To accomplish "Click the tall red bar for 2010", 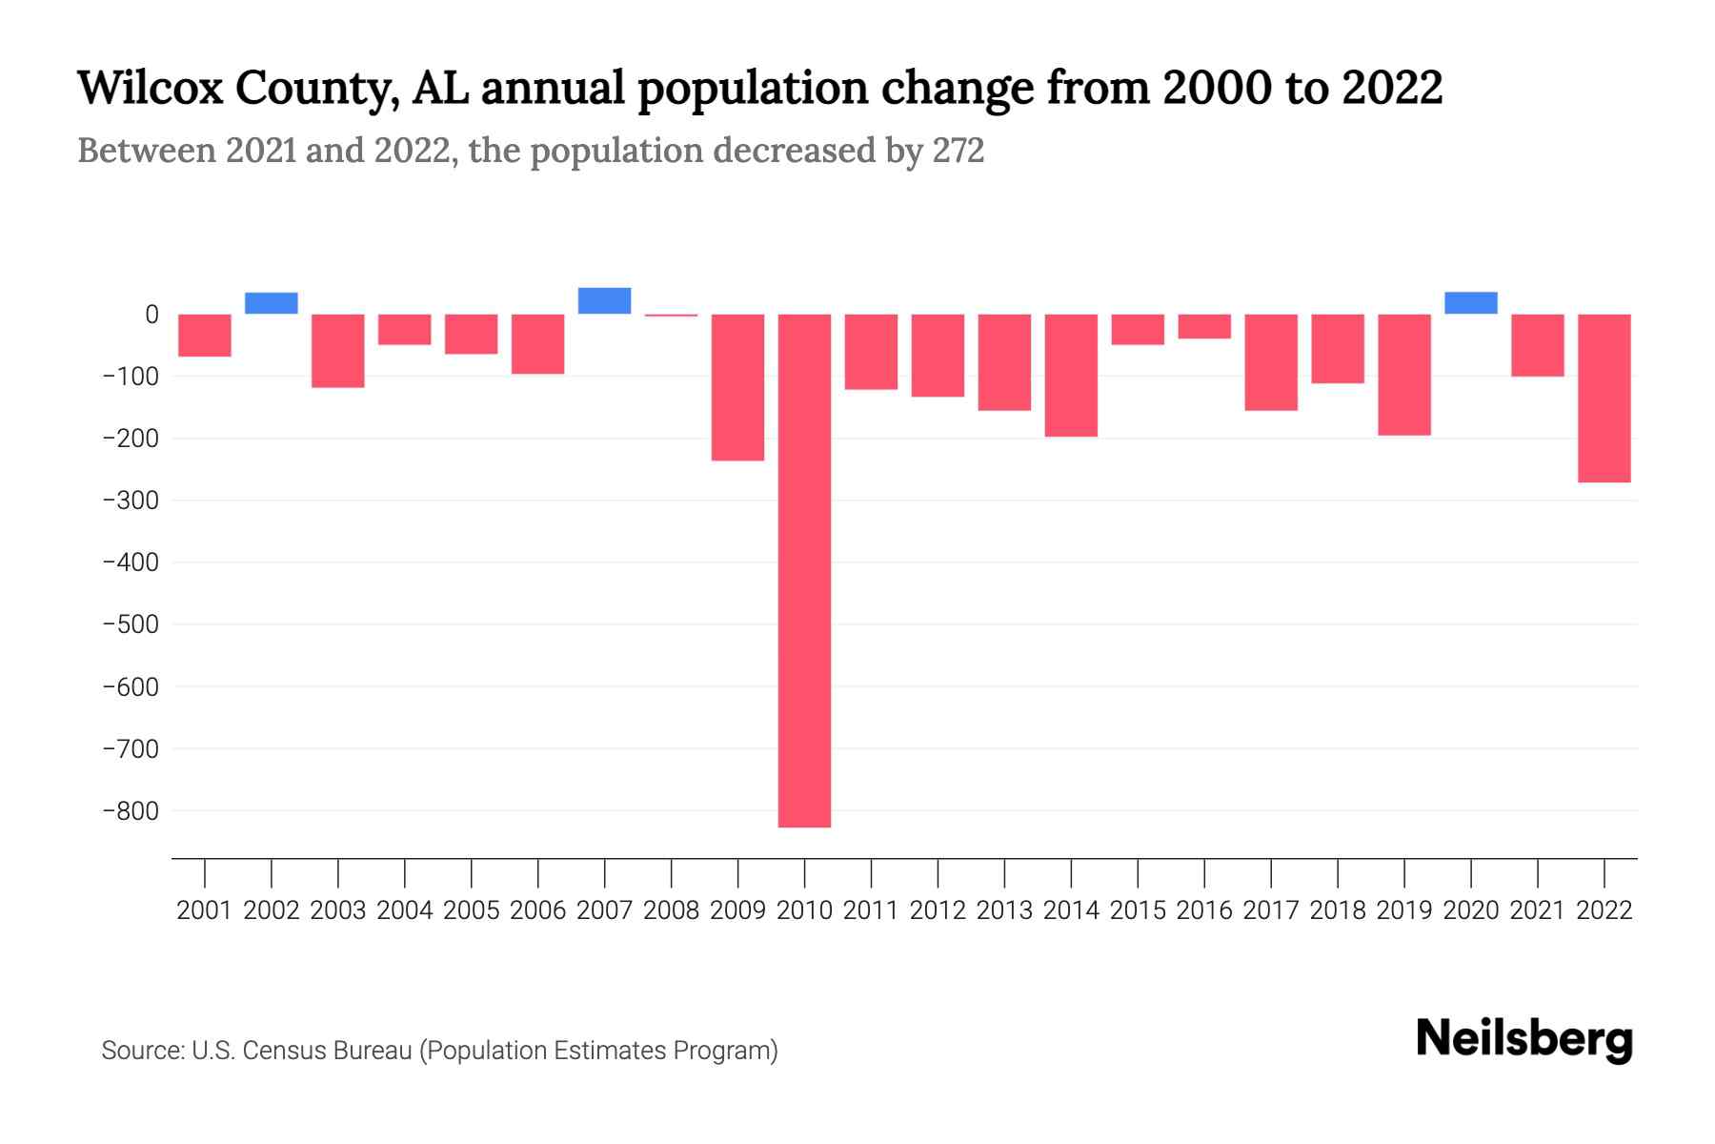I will click(804, 570).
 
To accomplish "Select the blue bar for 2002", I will click(272, 303).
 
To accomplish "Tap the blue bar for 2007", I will click(604, 300).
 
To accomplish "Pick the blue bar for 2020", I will click(1470, 303).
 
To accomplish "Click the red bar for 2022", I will click(1604, 398).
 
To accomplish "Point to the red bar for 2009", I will click(737, 387).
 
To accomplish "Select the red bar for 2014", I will click(1071, 376).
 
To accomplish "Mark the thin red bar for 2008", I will click(671, 316).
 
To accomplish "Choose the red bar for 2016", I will click(1204, 326).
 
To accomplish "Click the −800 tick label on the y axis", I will click(131, 811).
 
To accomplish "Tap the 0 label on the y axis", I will click(151, 315).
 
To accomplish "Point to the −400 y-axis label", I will click(131, 562).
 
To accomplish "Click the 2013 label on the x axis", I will click(1004, 910).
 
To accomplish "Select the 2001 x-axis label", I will click(205, 910).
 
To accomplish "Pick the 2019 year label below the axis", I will click(1403, 910).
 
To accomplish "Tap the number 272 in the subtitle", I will click(958, 151).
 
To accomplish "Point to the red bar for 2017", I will click(1270, 362).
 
